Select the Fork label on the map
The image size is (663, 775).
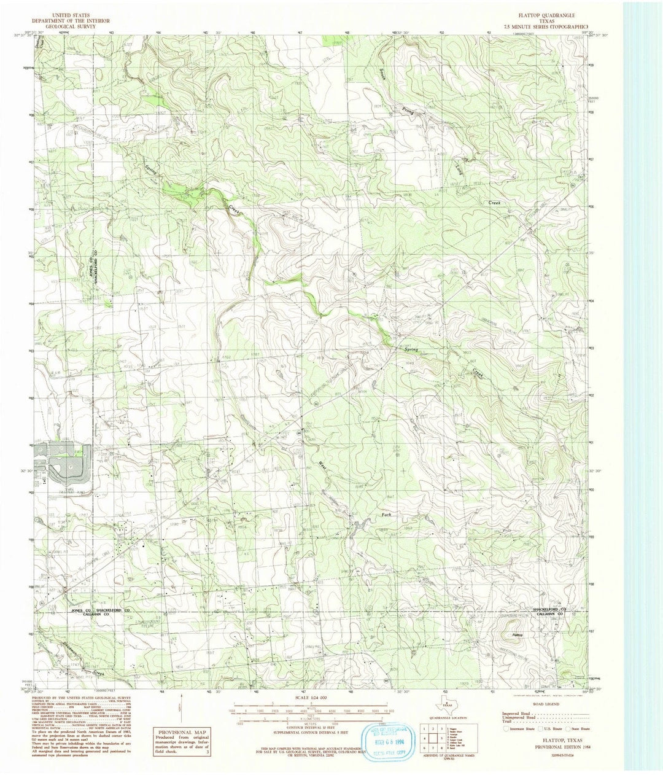pyautogui.click(x=386, y=513)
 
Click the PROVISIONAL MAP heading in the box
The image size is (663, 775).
pyautogui.click(x=179, y=734)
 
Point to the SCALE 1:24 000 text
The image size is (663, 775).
pyautogui.click(x=311, y=698)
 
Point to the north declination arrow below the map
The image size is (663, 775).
pyautogui.click(x=180, y=706)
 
